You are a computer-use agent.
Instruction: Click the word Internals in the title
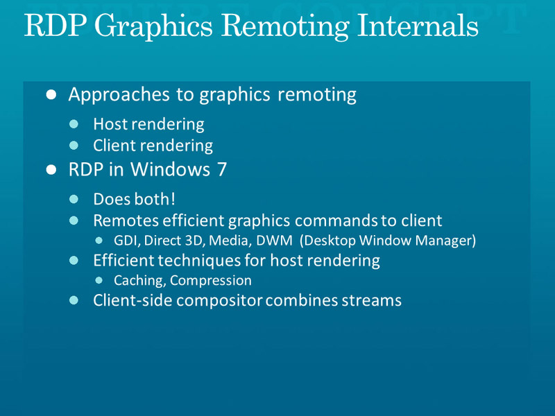pyautogui.click(x=418, y=25)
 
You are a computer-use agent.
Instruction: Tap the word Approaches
pyautogui.click(x=119, y=95)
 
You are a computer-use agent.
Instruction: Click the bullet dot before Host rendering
pyautogui.click(x=74, y=124)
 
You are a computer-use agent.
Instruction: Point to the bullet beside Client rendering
pyautogui.click(x=74, y=146)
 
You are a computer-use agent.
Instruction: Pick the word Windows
pyautogui.click(x=170, y=169)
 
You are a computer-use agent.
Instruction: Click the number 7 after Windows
pyautogui.click(x=221, y=169)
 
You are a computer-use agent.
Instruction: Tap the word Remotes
pyautogui.click(x=126, y=220)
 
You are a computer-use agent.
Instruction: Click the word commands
pyautogui.click(x=336, y=220)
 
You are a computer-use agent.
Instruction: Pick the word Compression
pyautogui.click(x=211, y=281)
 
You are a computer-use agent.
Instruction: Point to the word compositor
pyautogui.click(x=219, y=301)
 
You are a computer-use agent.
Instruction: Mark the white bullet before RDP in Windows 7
pyautogui.click(x=51, y=169)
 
